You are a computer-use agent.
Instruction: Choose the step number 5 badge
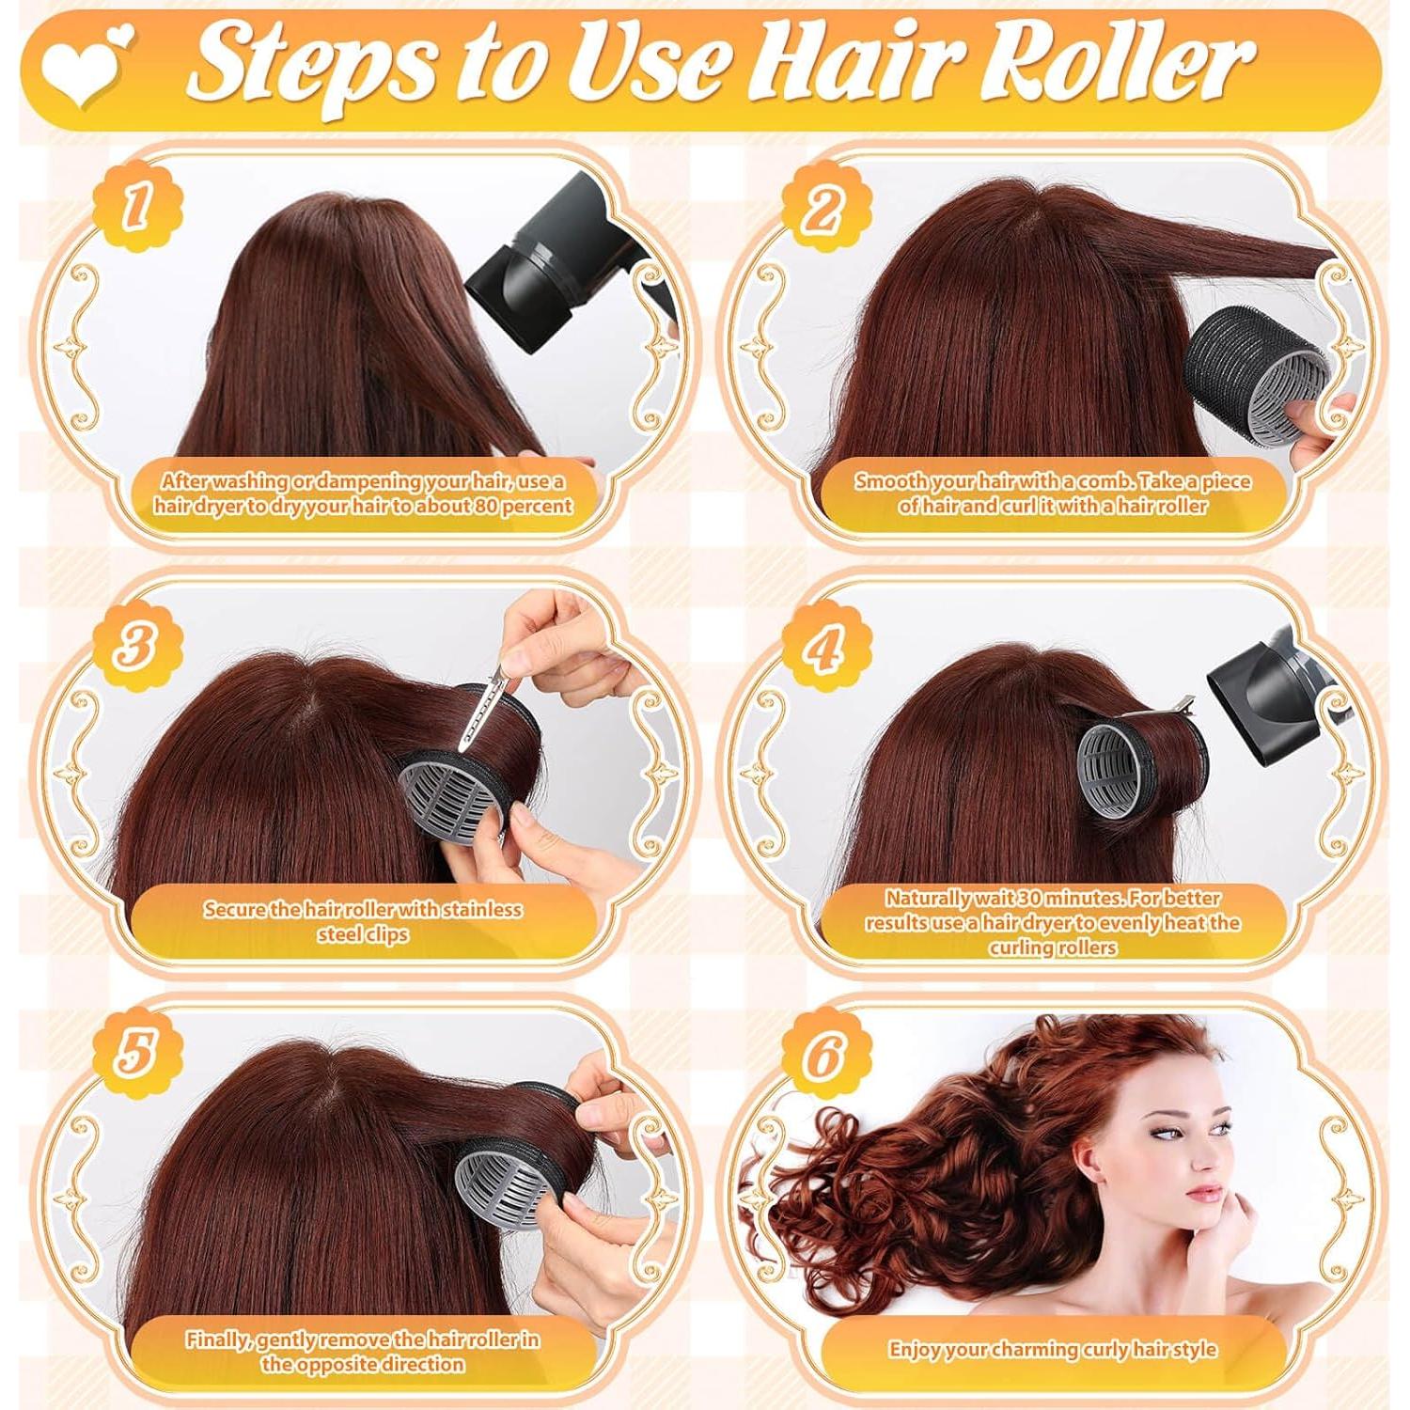pyautogui.click(x=137, y=1052)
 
